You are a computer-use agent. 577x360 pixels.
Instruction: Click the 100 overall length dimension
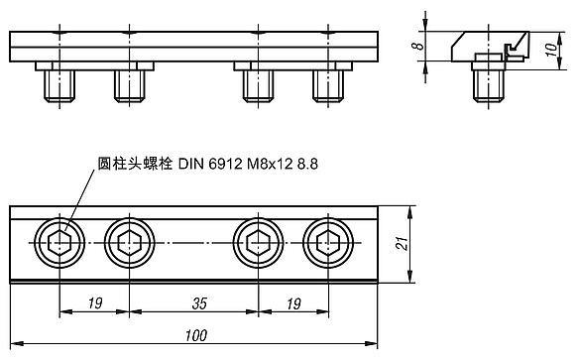tap(196, 336)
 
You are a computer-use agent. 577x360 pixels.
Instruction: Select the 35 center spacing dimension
tap(199, 303)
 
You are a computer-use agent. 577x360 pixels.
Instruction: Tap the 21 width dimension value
tap(402, 244)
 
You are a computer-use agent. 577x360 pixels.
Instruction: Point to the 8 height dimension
tap(417, 47)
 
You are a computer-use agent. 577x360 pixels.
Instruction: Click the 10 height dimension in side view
tap(551, 50)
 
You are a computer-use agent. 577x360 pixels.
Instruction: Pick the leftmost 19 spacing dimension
tap(95, 303)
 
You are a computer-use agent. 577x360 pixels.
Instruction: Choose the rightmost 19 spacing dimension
tap(293, 303)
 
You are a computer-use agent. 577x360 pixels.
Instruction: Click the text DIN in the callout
tap(191, 164)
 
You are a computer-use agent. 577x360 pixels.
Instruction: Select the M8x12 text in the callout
tap(270, 164)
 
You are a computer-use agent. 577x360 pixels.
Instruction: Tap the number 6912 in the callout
tap(225, 164)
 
